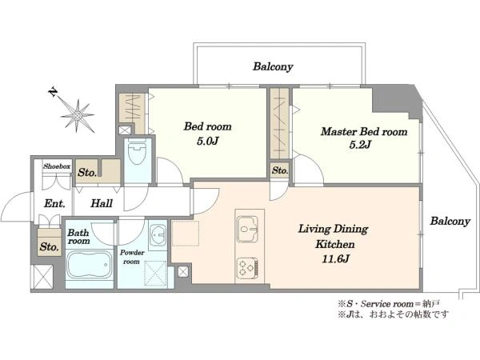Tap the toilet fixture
coord(137,152)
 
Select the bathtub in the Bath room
coord(88,265)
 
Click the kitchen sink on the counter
coord(247,229)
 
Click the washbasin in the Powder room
coord(158,235)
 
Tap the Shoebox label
coord(57,166)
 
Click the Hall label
coord(102,203)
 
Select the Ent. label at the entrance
coord(54,203)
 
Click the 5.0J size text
coord(207,141)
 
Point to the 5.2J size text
coord(360,144)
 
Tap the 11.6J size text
coord(335,259)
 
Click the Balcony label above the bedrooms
coord(273,66)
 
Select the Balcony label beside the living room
coord(450,221)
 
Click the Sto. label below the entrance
coord(49,246)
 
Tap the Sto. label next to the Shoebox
coord(87,172)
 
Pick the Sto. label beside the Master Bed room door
coord(280,170)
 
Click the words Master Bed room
coord(364,132)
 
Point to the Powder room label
coord(132,257)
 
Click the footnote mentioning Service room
coord(389,304)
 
